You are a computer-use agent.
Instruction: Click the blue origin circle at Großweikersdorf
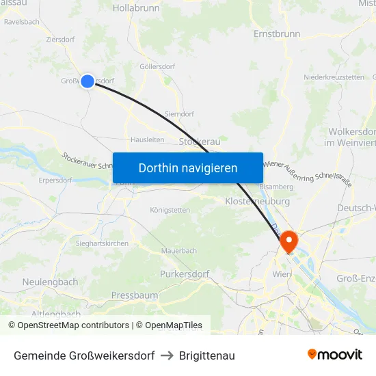click(88, 81)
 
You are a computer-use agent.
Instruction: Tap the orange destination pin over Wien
click(288, 240)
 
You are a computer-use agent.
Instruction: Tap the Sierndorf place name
click(180, 113)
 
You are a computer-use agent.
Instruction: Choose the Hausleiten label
click(147, 139)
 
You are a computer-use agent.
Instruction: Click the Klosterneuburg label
click(257, 202)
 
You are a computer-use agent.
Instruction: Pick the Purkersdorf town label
click(184, 273)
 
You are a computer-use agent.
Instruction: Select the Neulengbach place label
click(50, 282)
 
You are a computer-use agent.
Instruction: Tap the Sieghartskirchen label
click(103, 243)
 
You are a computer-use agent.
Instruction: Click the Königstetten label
click(170, 210)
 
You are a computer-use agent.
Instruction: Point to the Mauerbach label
click(179, 251)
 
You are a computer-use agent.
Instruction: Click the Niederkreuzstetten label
click(334, 77)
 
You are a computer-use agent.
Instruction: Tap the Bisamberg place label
click(276, 186)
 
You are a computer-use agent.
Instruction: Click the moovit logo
click(335, 355)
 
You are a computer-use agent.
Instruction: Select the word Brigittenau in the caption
click(207, 355)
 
